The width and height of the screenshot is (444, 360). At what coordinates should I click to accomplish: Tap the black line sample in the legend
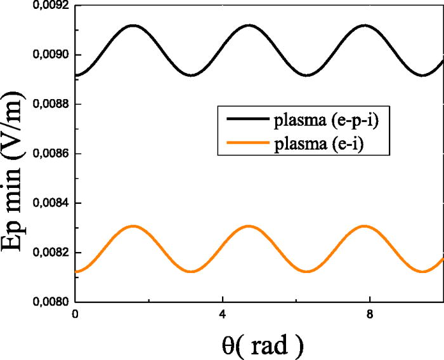[x=238, y=120]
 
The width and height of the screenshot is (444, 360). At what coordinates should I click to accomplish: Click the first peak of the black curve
[x=133, y=25]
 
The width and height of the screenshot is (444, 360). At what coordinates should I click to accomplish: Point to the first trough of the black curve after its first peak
[x=191, y=75]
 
